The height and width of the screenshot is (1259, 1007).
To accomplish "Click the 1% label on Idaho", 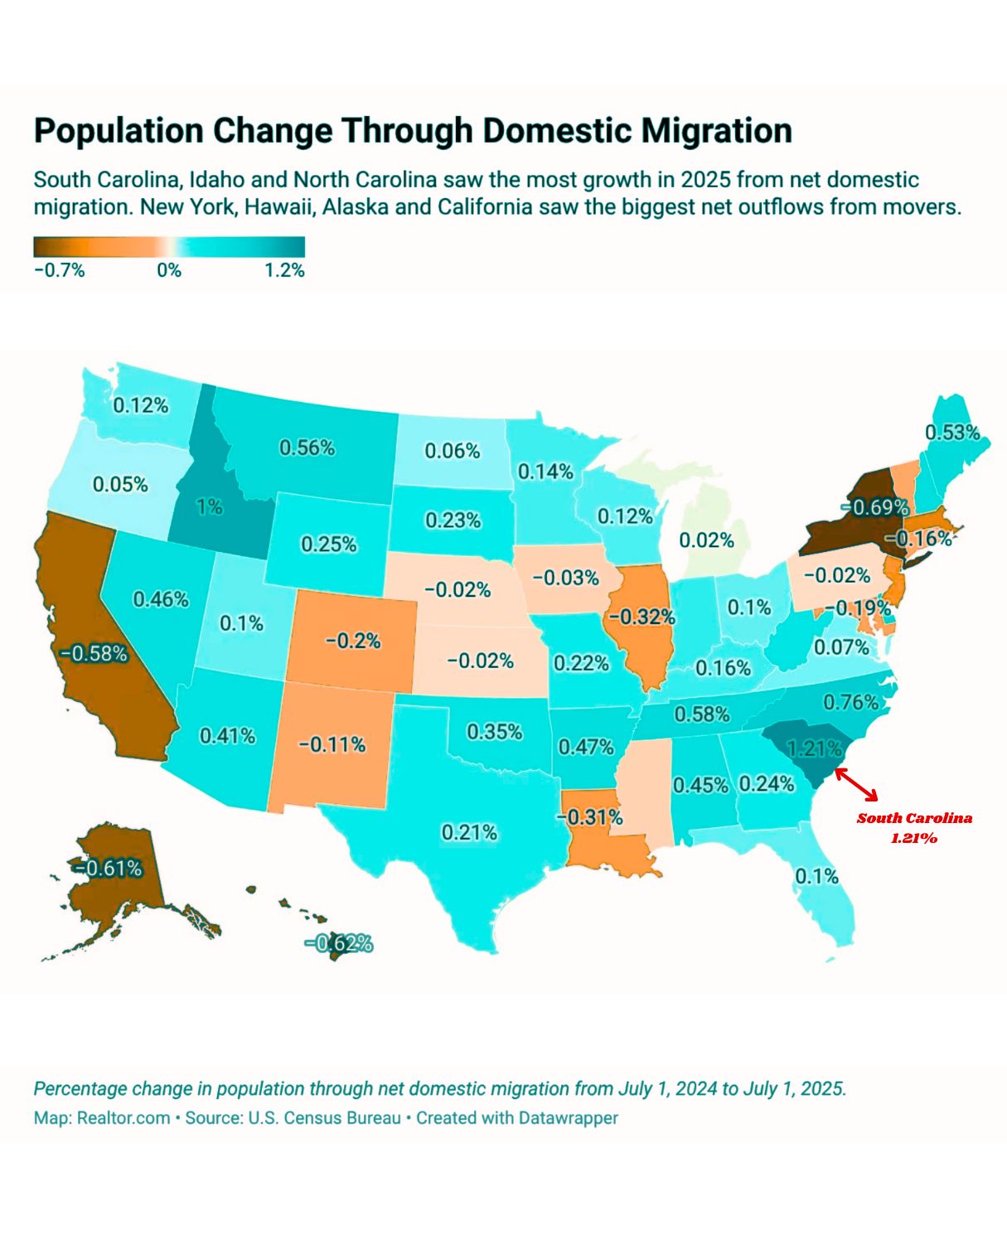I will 210,506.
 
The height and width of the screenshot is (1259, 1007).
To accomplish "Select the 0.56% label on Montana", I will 307,448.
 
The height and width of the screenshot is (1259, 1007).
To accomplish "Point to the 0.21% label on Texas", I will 468,831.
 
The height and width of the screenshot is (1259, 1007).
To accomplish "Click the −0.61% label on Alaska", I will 107,868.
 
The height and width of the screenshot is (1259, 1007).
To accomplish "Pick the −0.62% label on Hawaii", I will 338,943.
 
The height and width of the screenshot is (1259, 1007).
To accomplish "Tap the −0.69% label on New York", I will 874,506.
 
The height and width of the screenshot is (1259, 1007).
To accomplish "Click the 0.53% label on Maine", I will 952,432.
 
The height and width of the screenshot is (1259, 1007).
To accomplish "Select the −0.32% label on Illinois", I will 641,617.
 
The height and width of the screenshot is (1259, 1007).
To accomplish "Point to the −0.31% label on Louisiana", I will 589,816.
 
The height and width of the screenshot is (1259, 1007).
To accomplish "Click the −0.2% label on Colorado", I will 352,640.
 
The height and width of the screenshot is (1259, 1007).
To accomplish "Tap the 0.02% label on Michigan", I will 706,540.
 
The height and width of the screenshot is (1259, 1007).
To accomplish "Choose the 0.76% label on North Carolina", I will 850,702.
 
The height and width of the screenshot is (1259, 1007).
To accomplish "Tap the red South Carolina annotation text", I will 914,827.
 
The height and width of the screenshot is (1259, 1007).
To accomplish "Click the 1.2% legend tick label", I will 284,270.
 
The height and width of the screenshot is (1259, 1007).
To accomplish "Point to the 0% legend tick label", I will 169,270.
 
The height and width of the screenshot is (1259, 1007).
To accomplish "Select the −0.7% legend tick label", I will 60,270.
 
